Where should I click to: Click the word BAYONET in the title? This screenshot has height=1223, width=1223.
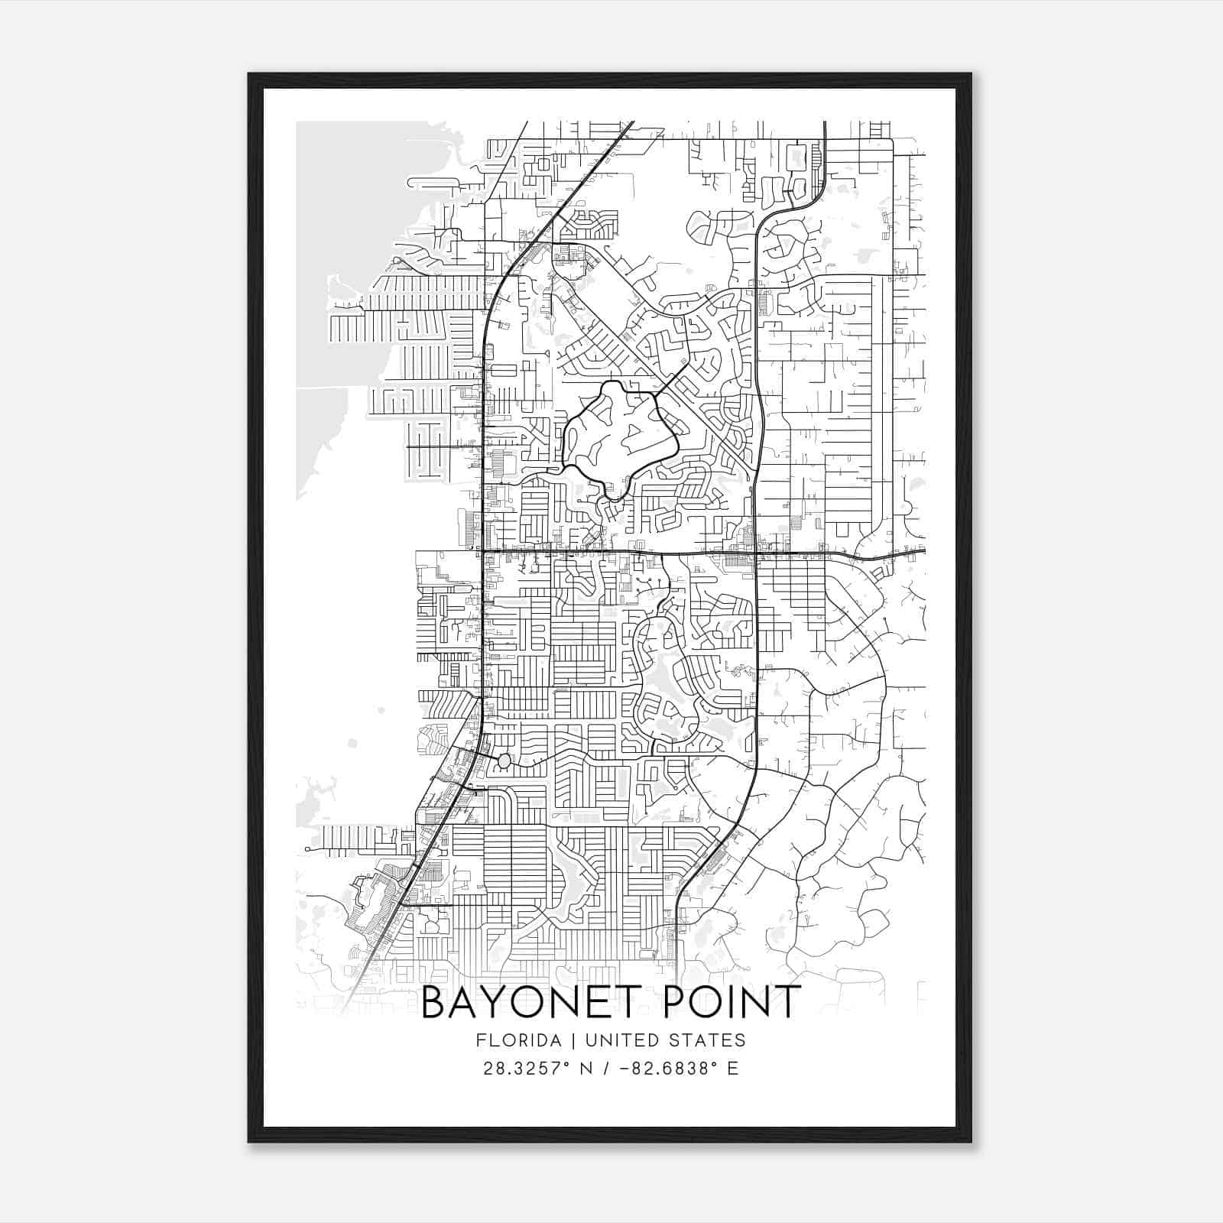click(x=529, y=1002)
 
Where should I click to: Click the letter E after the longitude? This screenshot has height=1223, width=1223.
click(x=732, y=1069)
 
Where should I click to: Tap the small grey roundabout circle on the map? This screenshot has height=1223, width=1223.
click(x=504, y=761)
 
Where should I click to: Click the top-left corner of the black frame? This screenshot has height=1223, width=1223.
click(x=249, y=74)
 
